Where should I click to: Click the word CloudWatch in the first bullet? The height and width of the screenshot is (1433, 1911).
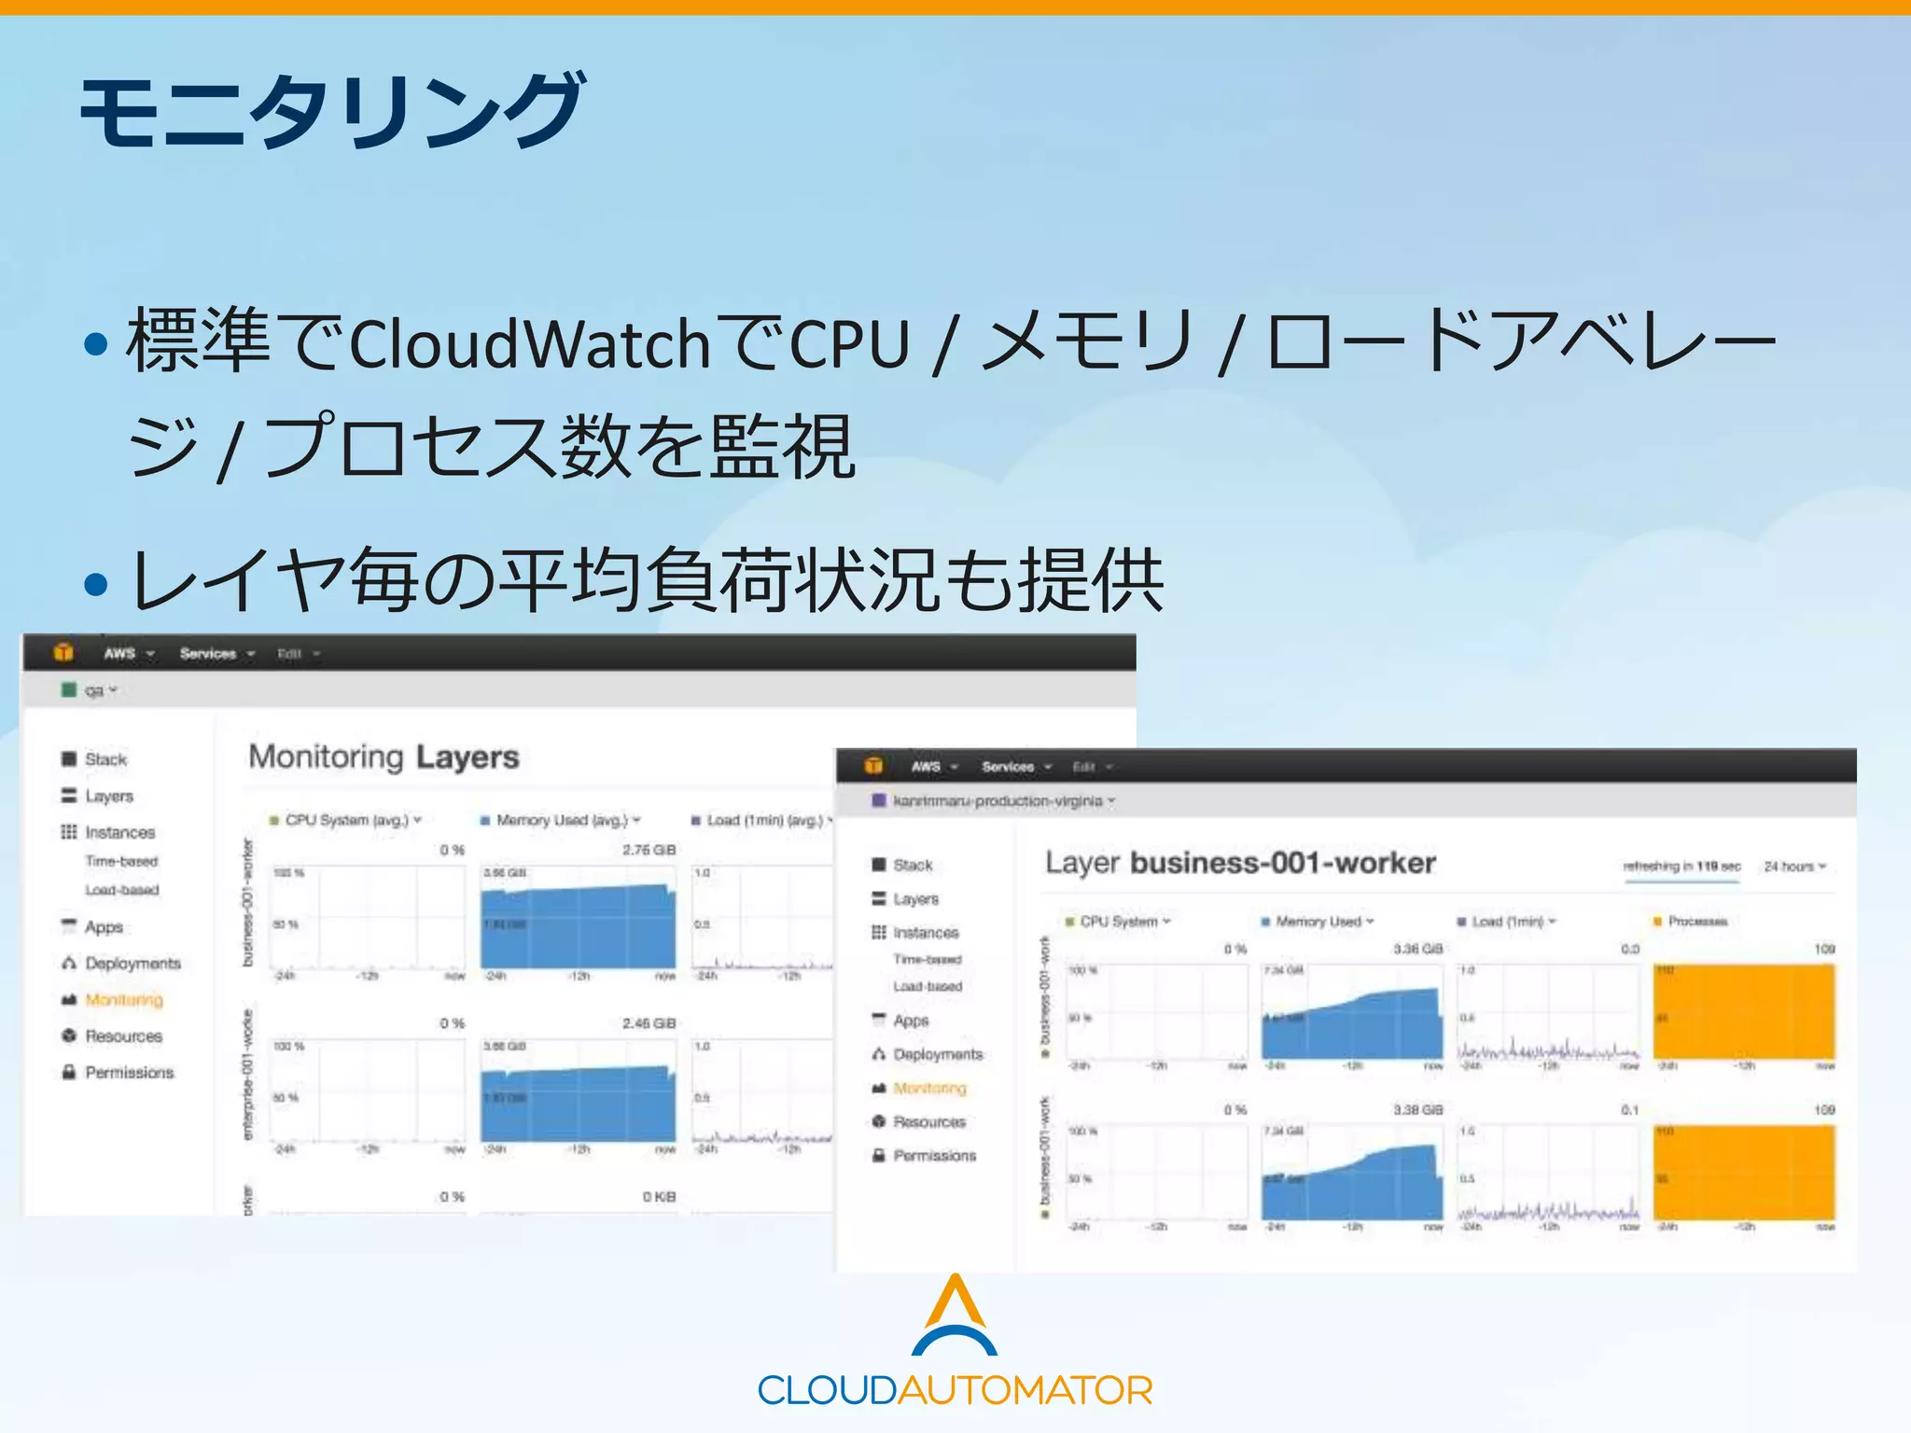coord(530,343)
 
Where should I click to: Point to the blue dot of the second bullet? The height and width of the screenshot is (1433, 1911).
coord(95,584)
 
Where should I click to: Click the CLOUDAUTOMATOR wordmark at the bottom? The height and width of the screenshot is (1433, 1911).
coord(955,1390)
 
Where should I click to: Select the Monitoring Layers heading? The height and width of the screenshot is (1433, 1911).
coord(384,757)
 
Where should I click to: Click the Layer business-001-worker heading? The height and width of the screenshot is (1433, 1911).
coord(1240,863)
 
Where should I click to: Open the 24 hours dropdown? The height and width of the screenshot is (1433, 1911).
coord(1794,867)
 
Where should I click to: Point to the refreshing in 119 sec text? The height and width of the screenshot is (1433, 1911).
coord(1681,867)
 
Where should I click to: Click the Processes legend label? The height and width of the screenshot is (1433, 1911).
coord(1697,922)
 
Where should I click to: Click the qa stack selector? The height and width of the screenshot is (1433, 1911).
coord(96,690)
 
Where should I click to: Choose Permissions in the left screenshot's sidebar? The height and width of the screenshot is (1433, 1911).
coord(129,1073)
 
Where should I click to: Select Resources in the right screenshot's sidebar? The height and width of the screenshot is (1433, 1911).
coord(928,1121)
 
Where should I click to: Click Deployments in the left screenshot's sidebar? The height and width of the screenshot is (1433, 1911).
coord(133,963)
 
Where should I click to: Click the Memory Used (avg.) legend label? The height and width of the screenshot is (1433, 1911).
coord(562,820)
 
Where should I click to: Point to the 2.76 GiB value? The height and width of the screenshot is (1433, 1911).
coord(649,850)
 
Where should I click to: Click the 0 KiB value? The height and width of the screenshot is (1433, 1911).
coord(659,1197)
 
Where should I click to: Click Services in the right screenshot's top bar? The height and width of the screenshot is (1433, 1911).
coord(1008,767)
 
